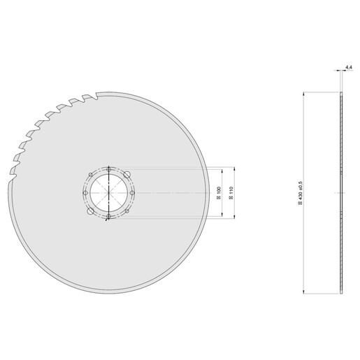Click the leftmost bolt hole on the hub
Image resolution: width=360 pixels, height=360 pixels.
pos(85,192)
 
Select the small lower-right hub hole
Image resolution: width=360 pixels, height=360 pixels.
pos(128,210)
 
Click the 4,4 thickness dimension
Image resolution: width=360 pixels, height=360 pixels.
pos(347,68)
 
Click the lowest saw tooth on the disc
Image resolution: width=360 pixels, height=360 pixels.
pos(13,183)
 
